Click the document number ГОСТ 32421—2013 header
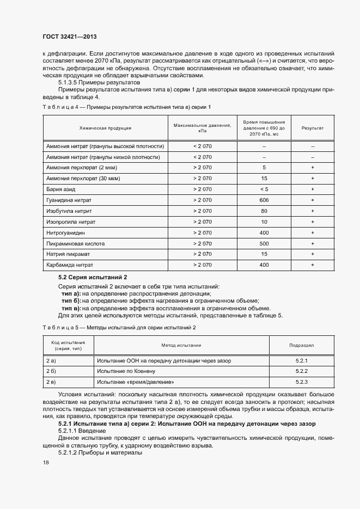point(70,37)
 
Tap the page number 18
point(46,462)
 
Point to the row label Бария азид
point(65,189)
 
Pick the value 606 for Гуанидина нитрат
point(264,200)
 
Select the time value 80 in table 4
point(264,211)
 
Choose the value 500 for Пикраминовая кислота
point(264,243)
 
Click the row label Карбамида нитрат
point(70,265)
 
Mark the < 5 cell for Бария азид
point(264,189)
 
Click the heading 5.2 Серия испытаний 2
point(92,278)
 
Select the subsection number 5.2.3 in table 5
point(302,382)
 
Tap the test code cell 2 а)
point(52,360)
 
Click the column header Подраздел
point(301,345)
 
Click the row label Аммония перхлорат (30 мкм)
point(82,178)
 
